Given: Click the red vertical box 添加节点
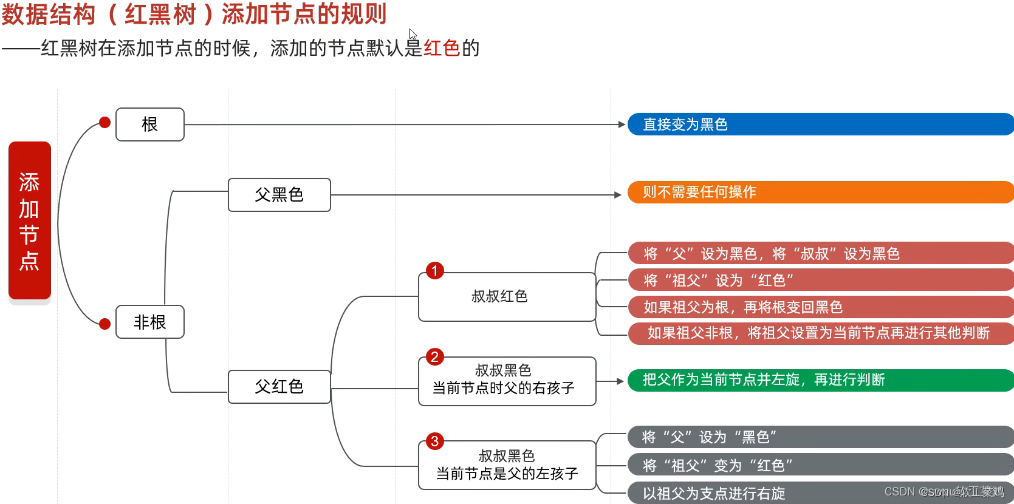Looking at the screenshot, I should point(29,220).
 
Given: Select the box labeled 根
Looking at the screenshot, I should point(149,124).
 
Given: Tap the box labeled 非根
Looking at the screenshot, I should point(149,322).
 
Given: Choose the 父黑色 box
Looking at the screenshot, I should point(279,195).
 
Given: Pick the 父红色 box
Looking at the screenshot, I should point(279,387).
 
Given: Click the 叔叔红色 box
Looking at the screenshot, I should point(507,297).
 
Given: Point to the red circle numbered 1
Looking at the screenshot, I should point(434,270).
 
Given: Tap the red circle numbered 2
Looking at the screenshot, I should point(434,356).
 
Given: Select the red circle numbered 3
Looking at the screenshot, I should point(434,441).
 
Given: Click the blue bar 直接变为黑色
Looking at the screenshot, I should point(820,124).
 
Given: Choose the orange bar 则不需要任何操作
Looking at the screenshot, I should point(820,192).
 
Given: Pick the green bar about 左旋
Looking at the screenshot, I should point(820,380).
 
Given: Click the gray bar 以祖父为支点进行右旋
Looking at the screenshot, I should point(820,493).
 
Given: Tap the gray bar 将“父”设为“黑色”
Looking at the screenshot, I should point(820,437).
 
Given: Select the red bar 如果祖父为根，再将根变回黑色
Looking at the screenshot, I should point(820,307).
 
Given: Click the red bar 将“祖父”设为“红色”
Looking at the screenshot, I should point(820,281).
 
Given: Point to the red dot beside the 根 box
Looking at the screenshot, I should point(104,123).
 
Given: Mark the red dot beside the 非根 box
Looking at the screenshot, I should point(104,324).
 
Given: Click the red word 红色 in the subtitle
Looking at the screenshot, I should point(442,48).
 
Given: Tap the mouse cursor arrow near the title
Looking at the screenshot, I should point(413,34).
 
